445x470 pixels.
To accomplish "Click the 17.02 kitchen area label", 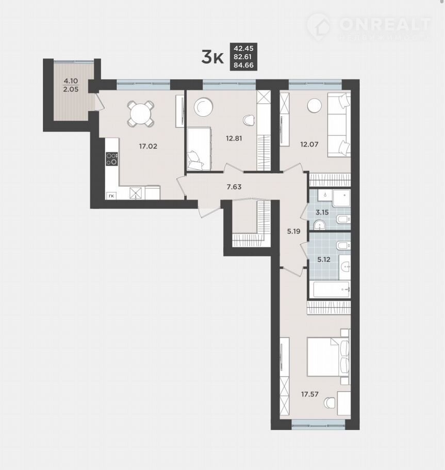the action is click(148, 146).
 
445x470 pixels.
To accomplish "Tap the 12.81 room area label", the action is click(234, 138).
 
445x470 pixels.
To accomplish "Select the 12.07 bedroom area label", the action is click(309, 144).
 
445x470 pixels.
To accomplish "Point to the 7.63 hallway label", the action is click(234, 187).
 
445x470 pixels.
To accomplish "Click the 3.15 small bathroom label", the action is click(322, 212).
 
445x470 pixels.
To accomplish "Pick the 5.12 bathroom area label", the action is click(324, 260).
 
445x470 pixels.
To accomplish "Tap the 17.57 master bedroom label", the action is click(310, 394).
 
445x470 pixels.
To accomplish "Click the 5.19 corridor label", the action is click(293, 231).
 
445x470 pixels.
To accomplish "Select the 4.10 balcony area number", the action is click(71, 81).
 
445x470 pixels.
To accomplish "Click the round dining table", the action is click(140, 113).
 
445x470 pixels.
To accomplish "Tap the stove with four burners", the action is click(112, 159).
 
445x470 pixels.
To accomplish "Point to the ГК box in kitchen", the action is click(111, 196).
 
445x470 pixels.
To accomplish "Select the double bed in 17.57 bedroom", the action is click(328, 357).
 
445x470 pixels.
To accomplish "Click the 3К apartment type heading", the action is click(212, 57).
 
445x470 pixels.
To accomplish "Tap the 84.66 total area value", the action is click(243, 65).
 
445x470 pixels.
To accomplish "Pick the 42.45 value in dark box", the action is click(243, 48).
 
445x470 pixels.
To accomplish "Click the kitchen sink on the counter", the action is click(137, 193).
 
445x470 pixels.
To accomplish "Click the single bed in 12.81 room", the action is click(200, 149).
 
